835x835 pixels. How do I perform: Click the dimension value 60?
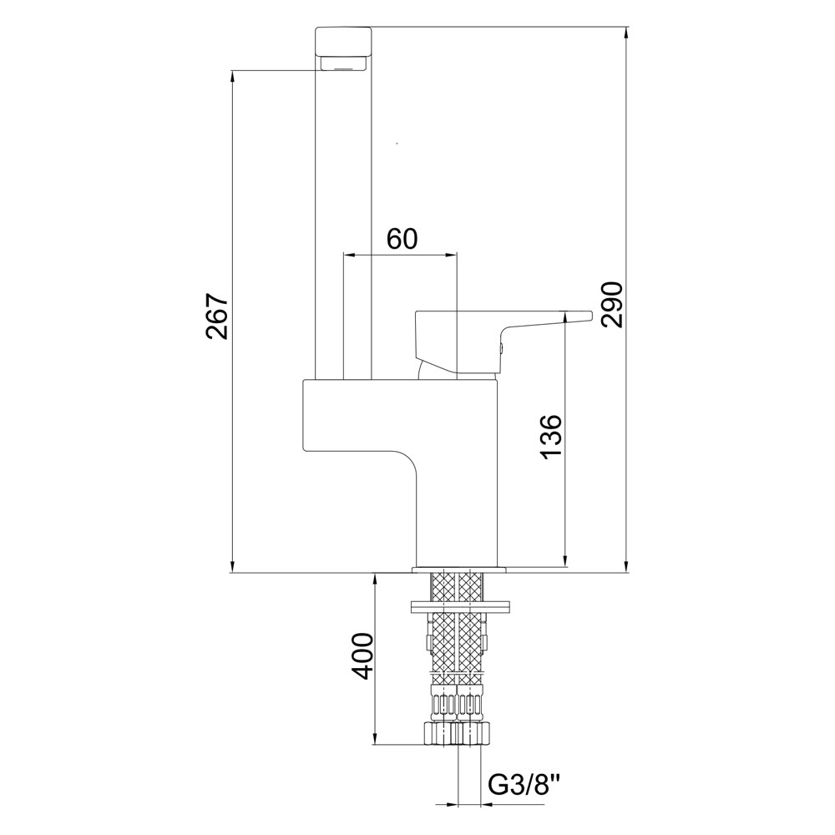[402, 239]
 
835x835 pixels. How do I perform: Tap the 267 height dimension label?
[218, 316]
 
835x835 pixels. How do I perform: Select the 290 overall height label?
[611, 305]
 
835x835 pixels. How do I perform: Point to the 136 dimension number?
[550, 436]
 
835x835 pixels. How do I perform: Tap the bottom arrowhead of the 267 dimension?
[233, 565]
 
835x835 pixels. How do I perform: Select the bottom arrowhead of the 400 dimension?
[376, 737]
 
